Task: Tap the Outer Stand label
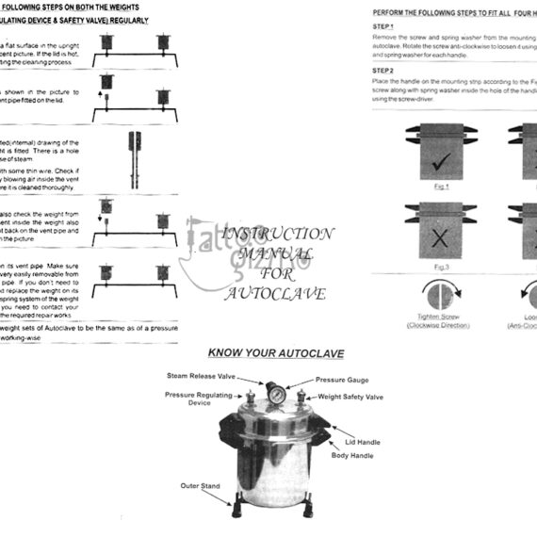[x=200, y=486]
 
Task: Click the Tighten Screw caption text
[x=431, y=321]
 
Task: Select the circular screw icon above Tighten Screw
[x=431, y=298]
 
